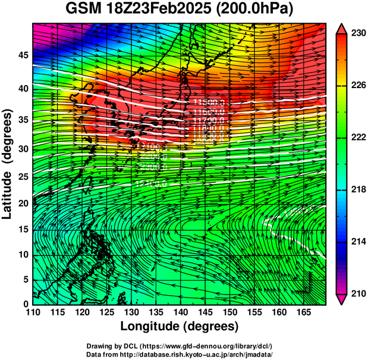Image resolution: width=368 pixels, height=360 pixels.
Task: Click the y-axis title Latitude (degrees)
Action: tap(8, 164)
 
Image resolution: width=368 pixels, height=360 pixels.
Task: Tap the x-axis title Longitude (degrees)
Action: tap(180, 326)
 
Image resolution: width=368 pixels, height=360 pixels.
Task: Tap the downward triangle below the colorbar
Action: tap(341, 299)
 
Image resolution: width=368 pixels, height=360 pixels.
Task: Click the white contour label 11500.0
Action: tap(209, 103)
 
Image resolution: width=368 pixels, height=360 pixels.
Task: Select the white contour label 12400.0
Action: tap(150, 183)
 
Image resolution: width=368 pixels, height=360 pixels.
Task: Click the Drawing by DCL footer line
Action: tap(180, 346)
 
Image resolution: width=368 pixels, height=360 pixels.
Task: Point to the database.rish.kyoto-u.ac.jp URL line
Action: tap(180, 353)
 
